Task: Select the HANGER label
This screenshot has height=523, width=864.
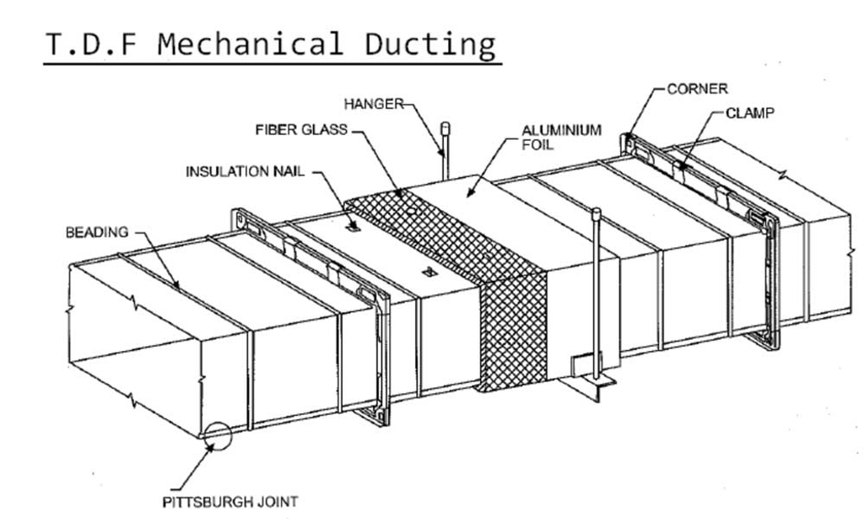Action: pyautogui.click(x=374, y=104)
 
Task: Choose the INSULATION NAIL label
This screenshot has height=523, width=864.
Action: pyautogui.click(x=246, y=172)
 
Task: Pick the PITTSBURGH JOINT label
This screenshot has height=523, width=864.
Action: pyautogui.click(x=229, y=501)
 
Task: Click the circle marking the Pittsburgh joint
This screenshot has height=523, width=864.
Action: pyautogui.click(x=218, y=436)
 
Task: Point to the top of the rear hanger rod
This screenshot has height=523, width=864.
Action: pyautogui.click(x=445, y=127)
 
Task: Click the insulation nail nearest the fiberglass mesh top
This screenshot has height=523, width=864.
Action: pyautogui.click(x=354, y=225)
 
